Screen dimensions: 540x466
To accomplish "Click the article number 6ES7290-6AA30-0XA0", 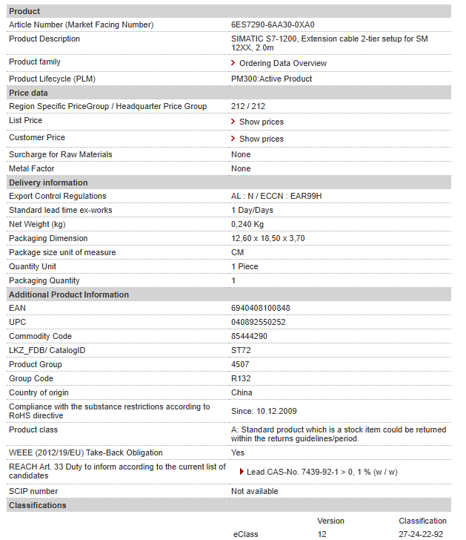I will (x=273, y=24).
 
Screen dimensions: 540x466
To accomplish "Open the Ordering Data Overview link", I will (x=282, y=63).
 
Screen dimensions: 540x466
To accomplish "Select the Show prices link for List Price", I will (x=261, y=122).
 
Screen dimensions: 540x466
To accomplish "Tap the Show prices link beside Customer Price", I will (x=261, y=139).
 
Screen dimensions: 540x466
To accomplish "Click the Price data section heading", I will (x=28, y=93).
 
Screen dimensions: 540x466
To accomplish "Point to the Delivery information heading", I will (x=48, y=182).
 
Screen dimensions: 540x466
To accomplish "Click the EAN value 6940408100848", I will (x=261, y=308).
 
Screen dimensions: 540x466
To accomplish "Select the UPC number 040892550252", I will (x=259, y=322).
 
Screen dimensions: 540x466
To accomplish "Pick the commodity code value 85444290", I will (x=250, y=336).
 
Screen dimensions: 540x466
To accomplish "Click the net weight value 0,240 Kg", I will (x=247, y=224).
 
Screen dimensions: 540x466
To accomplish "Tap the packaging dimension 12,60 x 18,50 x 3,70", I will (x=268, y=238).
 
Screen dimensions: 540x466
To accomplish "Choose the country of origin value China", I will (x=242, y=392).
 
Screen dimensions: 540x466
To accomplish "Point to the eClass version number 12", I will (x=322, y=534).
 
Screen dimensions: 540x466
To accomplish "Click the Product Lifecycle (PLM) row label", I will (x=52, y=79).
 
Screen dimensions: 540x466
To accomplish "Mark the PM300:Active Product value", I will (x=271, y=79).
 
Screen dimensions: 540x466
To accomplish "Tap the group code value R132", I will (x=242, y=378).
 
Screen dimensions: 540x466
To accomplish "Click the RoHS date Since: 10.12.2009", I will (x=264, y=411).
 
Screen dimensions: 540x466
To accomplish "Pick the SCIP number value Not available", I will (x=255, y=491).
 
